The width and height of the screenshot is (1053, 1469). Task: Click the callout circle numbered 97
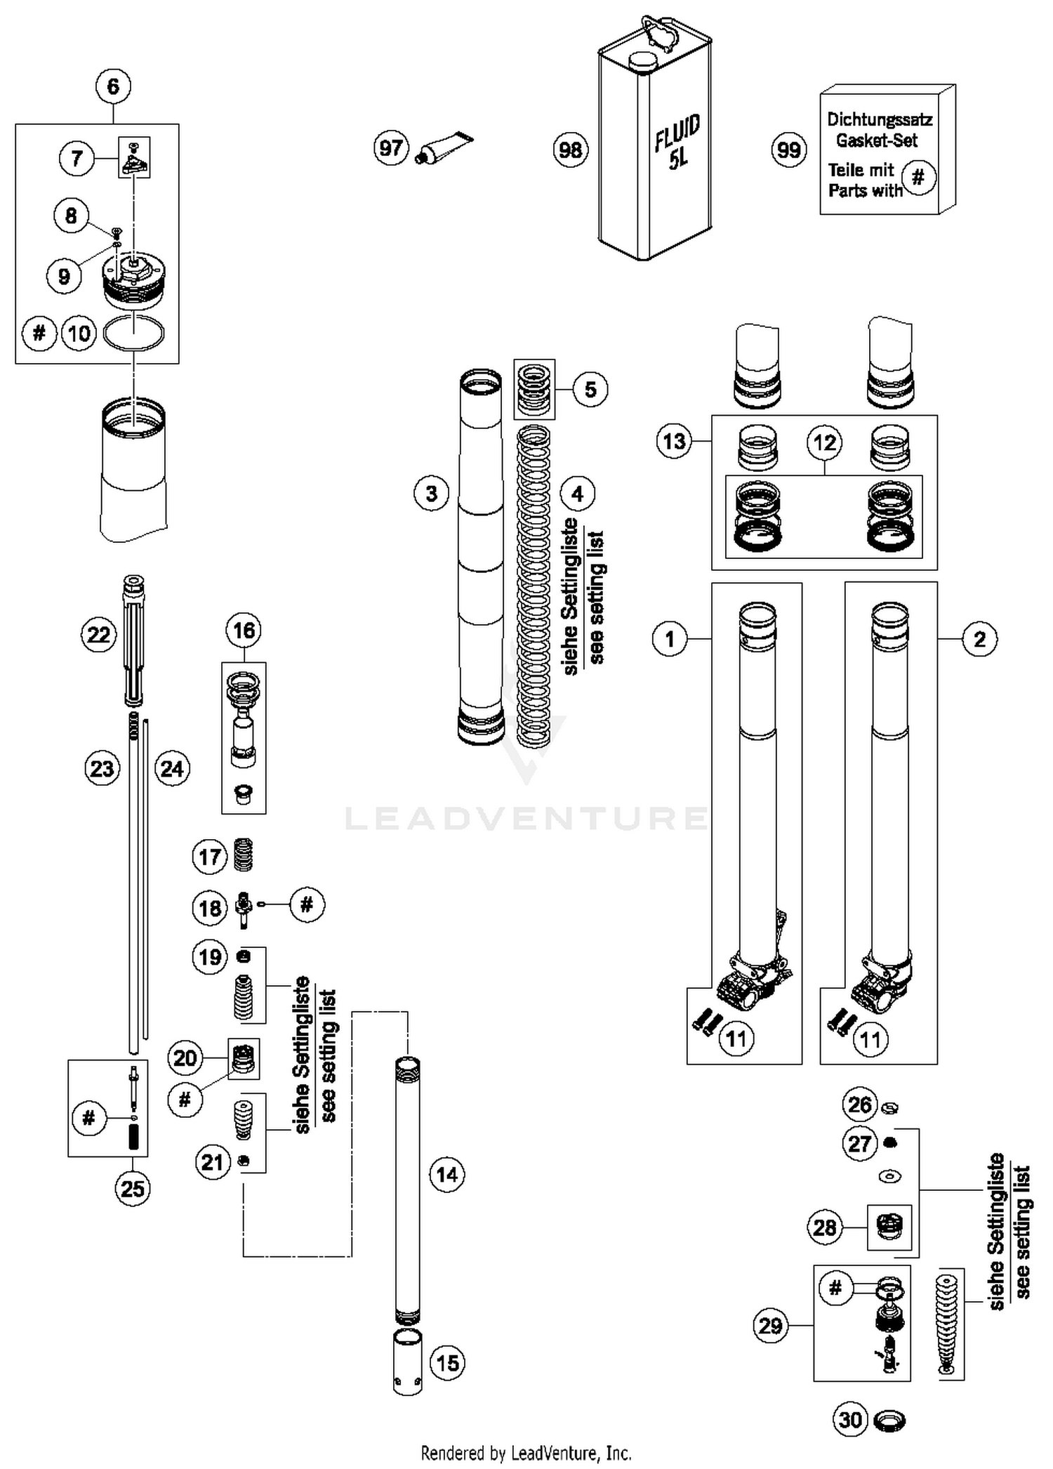(x=391, y=148)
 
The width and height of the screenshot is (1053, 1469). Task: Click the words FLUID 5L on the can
(x=677, y=143)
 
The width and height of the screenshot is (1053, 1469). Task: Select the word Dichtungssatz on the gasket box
(x=879, y=119)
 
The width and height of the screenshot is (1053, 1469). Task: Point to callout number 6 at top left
(x=113, y=86)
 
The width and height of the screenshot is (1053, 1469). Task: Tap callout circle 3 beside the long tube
(x=431, y=494)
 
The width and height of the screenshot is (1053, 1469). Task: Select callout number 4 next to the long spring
(x=577, y=494)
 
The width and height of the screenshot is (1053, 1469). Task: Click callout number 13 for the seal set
(x=674, y=442)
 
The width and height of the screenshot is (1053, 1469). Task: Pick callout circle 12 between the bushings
(x=824, y=442)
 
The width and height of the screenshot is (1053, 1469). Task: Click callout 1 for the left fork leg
(x=669, y=639)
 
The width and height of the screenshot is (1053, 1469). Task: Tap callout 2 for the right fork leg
(x=979, y=639)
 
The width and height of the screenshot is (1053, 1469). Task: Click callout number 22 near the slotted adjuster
(x=98, y=635)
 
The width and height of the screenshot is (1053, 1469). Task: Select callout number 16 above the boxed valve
(x=244, y=630)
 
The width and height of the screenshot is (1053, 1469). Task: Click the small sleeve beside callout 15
(x=407, y=1362)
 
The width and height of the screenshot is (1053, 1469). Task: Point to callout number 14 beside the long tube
(x=447, y=1175)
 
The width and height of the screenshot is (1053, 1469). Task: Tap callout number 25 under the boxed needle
(x=133, y=1189)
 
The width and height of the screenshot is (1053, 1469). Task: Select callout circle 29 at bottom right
(x=770, y=1326)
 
